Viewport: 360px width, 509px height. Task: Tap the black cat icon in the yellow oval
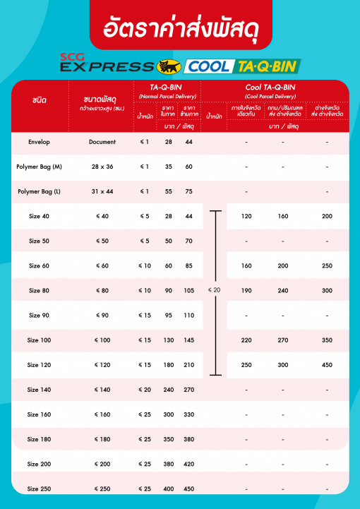[168, 67]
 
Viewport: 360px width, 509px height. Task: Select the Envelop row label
[39, 143]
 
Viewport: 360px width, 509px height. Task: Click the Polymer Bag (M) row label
[39, 167]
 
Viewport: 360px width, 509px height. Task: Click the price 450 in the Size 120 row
[327, 365]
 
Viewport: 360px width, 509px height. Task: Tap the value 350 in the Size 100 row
[327, 340]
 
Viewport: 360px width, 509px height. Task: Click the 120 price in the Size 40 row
[246, 216]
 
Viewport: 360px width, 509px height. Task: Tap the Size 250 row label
[39, 489]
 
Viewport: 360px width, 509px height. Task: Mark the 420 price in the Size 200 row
[188, 464]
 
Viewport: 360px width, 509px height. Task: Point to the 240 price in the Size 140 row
[168, 390]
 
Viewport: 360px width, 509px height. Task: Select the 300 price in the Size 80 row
[327, 290]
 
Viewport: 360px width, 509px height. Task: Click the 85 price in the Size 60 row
[188, 265]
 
